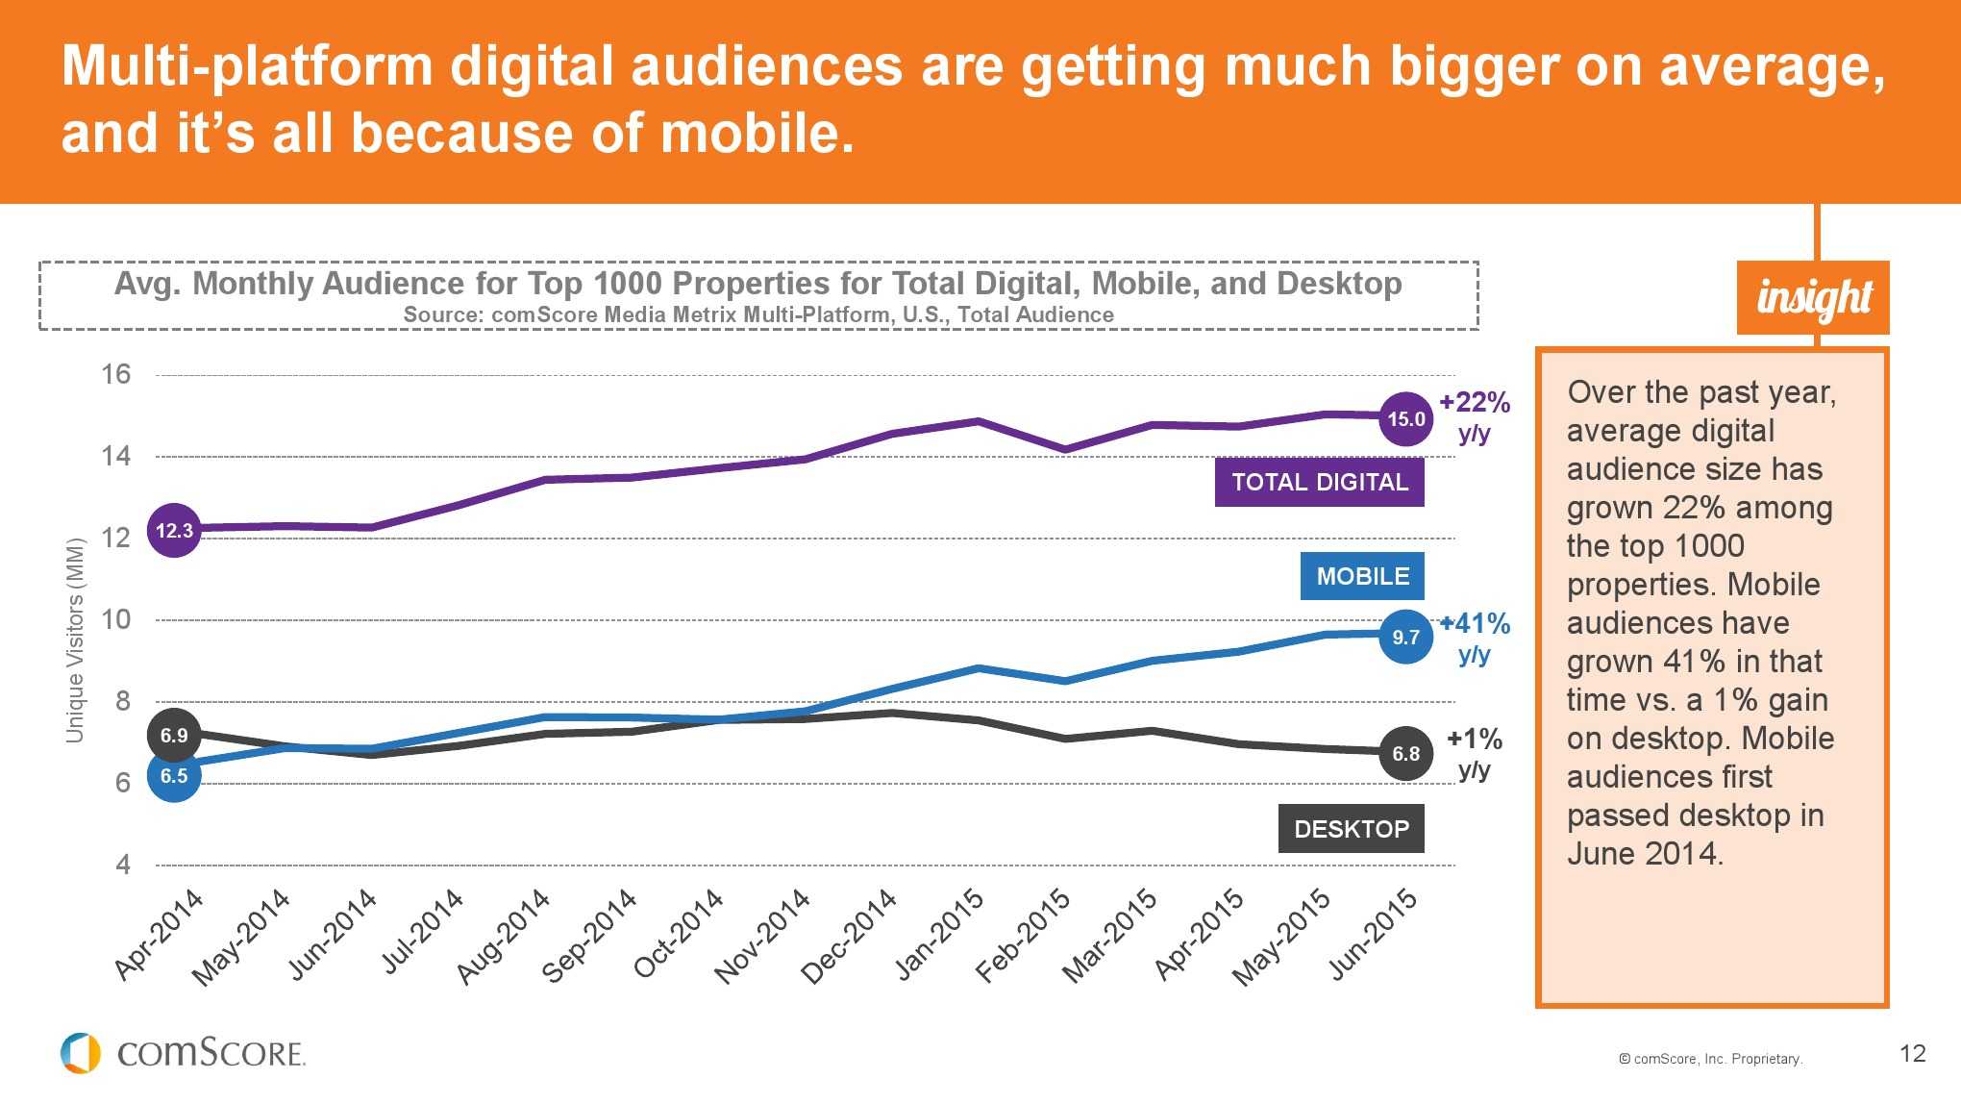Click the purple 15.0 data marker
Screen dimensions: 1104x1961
click(x=1405, y=419)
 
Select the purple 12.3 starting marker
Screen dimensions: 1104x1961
click(x=174, y=530)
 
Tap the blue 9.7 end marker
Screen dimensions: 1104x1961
click(x=1405, y=637)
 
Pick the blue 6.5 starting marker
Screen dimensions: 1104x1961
click(x=174, y=775)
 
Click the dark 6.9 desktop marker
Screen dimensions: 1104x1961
click(x=174, y=736)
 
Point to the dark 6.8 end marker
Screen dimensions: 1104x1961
click(x=1405, y=754)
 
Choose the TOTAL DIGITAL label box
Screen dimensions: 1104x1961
click(x=1319, y=482)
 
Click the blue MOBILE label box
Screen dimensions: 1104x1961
click(x=1362, y=576)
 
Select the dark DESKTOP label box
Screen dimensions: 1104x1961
click(x=1351, y=829)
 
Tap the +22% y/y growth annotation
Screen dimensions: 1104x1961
click(x=1475, y=416)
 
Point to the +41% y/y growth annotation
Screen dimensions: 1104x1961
click(x=1475, y=638)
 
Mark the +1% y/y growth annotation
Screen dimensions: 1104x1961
click(x=1475, y=753)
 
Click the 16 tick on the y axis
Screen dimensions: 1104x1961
click(x=116, y=374)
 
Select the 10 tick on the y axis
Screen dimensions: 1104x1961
click(x=116, y=619)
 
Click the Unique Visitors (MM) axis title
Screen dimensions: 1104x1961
click(x=75, y=640)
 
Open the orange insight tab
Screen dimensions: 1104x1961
click(x=1813, y=297)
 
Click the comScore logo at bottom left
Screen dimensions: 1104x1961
click(x=183, y=1053)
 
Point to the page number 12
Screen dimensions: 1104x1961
click(x=1912, y=1053)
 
